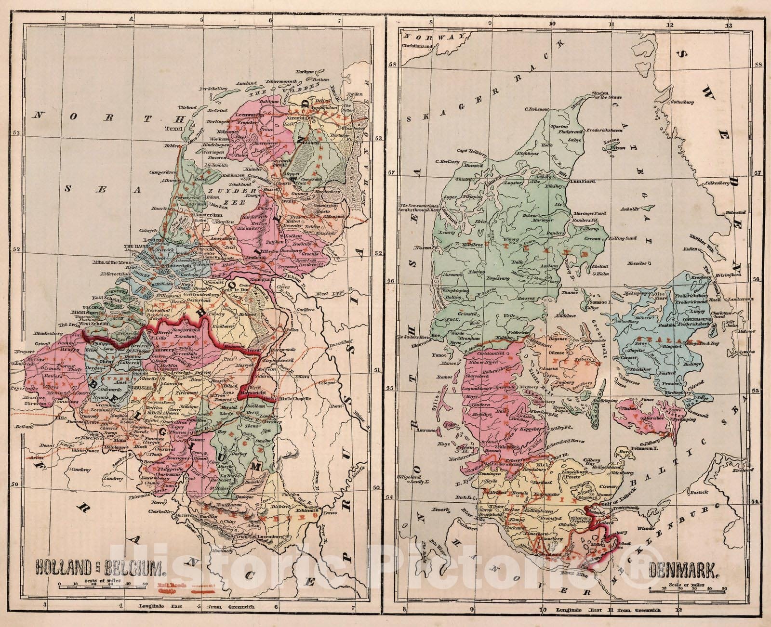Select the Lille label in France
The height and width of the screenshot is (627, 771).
coord(60,419)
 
